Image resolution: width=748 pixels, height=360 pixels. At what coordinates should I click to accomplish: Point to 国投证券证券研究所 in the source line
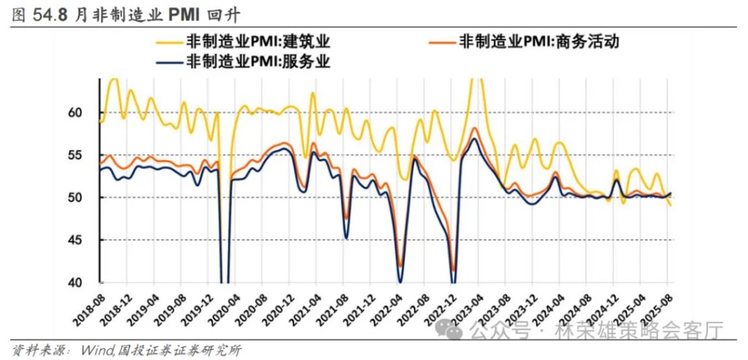click(175, 350)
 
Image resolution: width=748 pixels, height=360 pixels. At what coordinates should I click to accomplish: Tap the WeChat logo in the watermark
click(454, 330)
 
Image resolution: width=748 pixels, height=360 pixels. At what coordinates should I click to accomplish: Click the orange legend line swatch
click(433, 42)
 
